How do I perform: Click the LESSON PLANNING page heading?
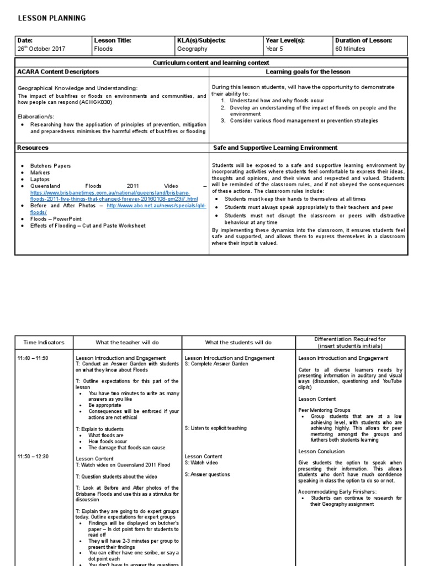(x=52, y=18)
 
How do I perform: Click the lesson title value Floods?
(x=103, y=49)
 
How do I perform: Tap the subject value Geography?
(x=192, y=49)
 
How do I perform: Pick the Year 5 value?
(x=273, y=49)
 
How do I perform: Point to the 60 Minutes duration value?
(x=350, y=49)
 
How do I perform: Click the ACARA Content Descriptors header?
(x=59, y=72)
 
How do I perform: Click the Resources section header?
(x=33, y=148)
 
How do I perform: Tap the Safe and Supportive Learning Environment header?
(x=275, y=148)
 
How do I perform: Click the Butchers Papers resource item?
(x=51, y=166)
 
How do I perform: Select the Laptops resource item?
(x=40, y=179)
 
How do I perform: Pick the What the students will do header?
(x=238, y=342)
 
